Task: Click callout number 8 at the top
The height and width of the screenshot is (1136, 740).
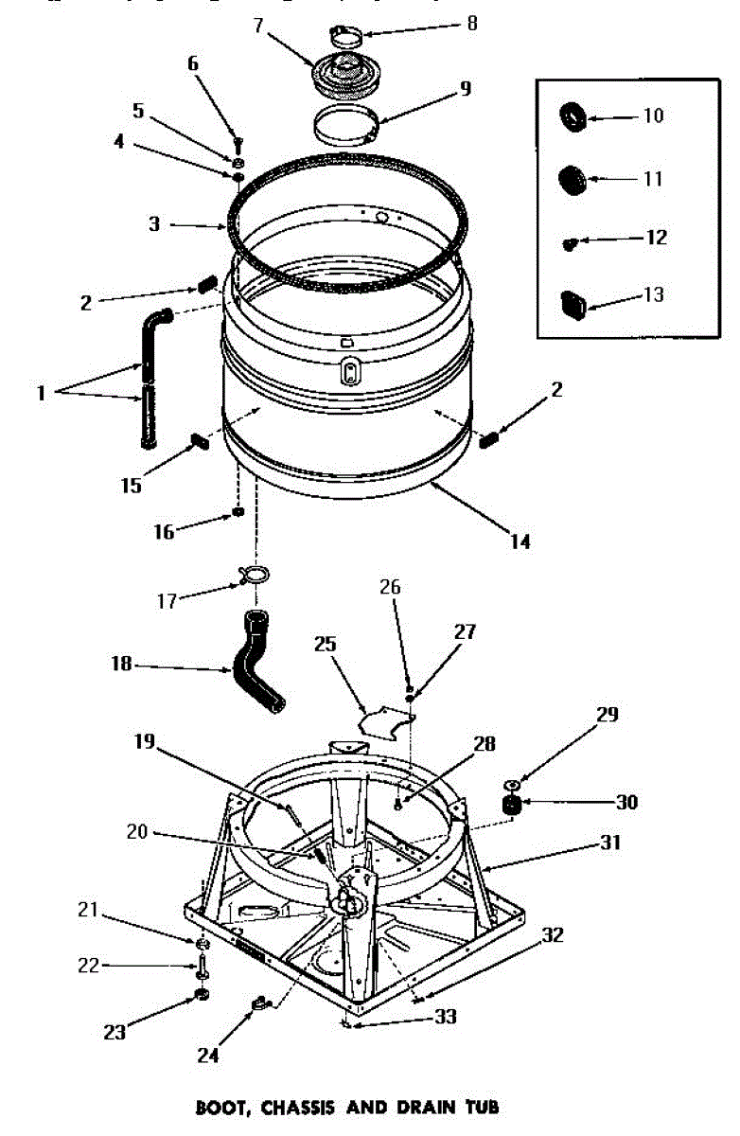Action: tap(470, 24)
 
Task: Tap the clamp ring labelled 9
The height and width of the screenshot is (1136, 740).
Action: tap(346, 127)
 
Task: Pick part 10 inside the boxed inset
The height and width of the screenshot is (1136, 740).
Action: tap(573, 117)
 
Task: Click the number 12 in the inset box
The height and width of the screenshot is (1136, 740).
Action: tap(656, 237)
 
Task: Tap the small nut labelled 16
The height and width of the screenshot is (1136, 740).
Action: tap(238, 513)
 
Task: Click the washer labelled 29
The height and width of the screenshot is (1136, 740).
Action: tap(512, 785)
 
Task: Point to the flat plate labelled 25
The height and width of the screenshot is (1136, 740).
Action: tap(387, 720)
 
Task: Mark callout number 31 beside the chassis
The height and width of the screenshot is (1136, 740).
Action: tap(610, 842)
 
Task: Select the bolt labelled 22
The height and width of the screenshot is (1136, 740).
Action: tap(203, 967)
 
